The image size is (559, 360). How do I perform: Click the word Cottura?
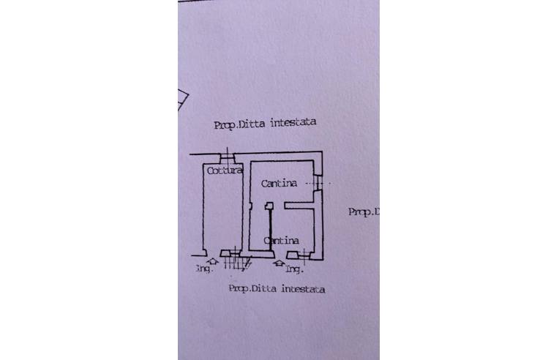click(x=224, y=171)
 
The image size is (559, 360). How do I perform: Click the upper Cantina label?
click(x=279, y=184)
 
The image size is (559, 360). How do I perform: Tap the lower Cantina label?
click(x=280, y=240)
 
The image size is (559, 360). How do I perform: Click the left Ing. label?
click(x=203, y=269)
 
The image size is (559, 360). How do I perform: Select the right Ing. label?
click(x=295, y=270)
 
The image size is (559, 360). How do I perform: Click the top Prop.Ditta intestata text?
click(x=265, y=124)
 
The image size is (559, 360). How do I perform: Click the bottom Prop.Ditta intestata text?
click(x=277, y=288)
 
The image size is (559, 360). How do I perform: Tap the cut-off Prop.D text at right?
click(x=364, y=211)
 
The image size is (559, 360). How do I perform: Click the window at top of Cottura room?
click(x=227, y=155)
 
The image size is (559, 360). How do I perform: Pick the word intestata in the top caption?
click(x=293, y=124)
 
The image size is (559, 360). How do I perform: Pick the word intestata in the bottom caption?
click(x=304, y=288)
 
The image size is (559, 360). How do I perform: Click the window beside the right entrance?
click(x=301, y=255)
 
